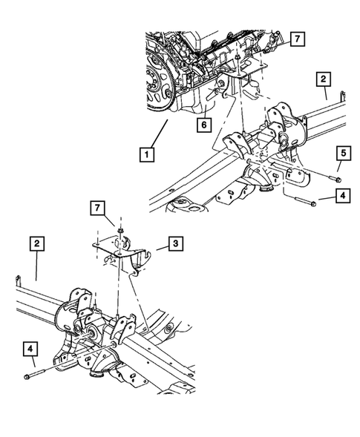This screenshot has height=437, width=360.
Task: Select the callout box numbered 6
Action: click(x=202, y=125)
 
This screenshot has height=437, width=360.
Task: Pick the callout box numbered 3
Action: click(x=173, y=243)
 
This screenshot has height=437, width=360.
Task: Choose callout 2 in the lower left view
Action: click(x=36, y=243)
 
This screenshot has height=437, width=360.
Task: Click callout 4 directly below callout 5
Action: click(x=341, y=197)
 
